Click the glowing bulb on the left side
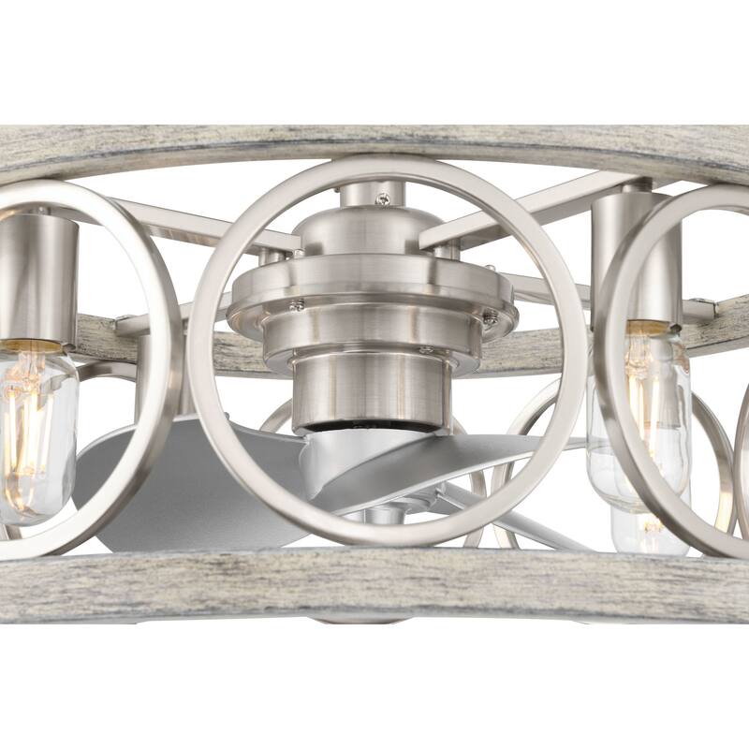click(36, 431)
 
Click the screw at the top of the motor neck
click(382, 198)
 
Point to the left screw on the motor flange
click(296, 304)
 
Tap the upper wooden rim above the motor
click(374, 140)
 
